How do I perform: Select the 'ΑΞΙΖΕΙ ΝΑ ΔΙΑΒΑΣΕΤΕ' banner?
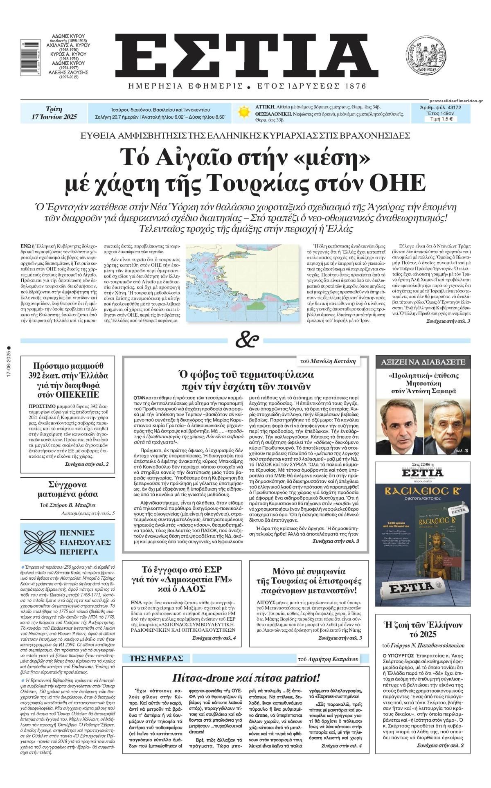(423, 362)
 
